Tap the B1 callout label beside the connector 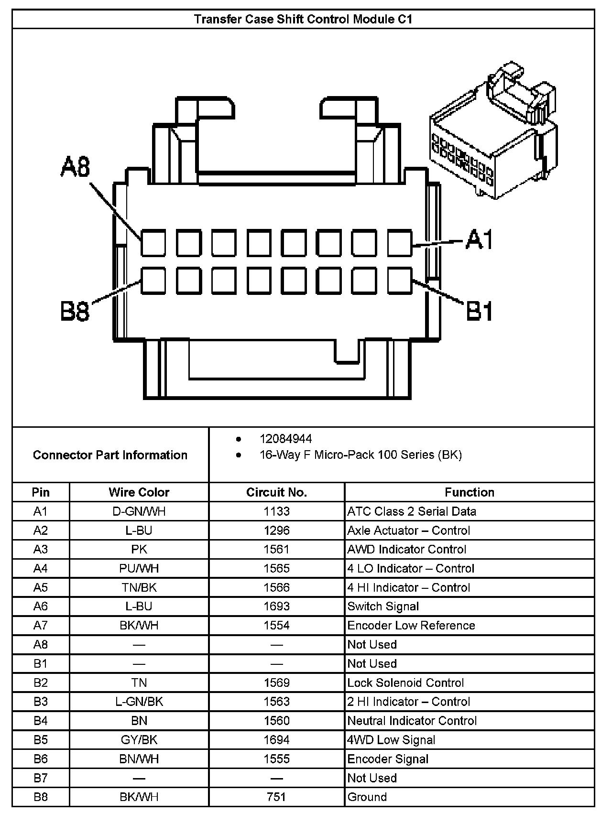480,312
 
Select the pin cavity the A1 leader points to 399,243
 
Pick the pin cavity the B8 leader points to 153,281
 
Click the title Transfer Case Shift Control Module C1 303,19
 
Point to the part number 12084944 285,439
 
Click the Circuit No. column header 276,492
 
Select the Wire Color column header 139,492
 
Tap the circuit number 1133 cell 276,511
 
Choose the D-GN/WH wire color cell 139,511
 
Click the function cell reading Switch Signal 383,606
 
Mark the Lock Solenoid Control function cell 405,682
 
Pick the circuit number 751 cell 276,797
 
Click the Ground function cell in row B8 367,797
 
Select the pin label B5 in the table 41,740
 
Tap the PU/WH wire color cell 139,569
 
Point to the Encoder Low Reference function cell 411,626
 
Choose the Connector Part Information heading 110,455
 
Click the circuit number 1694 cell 276,740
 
